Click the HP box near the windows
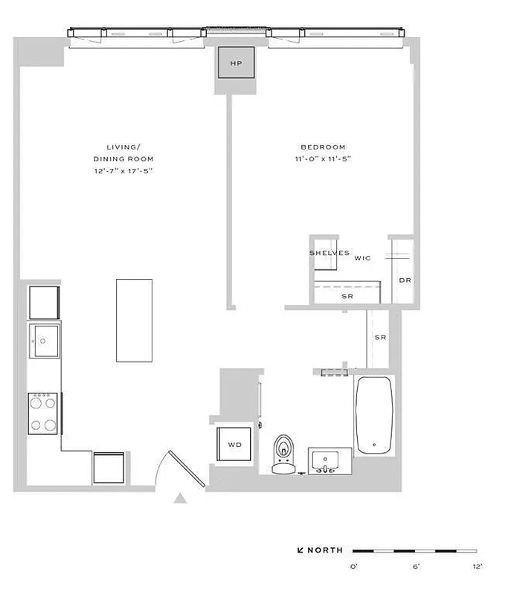[x=236, y=63]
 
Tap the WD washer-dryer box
[x=234, y=445]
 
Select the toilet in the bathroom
[x=283, y=454]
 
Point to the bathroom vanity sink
[x=324, y=461]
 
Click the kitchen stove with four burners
[x=44, y=413]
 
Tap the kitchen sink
[x=44, y=342]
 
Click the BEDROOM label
[x=323, y=147]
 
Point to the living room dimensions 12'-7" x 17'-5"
[x=123, y=172]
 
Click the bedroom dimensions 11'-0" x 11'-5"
[x=323, y=159]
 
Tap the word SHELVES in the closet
[x=329, y=253]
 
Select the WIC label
[x=362, y=259]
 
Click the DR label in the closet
[x=405, y=280]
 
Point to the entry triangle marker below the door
[x=179, y=500]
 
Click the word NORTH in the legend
[x=326, y=550]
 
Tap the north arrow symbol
[x=301, y=551]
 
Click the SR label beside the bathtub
[x=380, y=338]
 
